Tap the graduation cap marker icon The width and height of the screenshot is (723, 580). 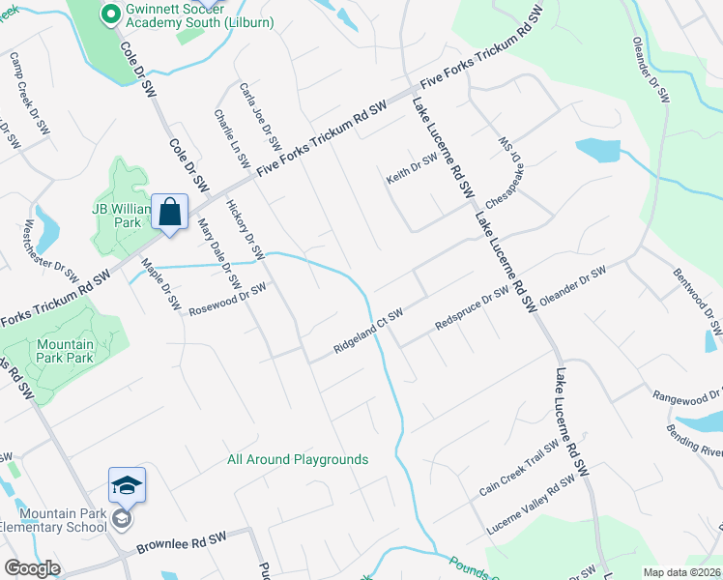point(127,485)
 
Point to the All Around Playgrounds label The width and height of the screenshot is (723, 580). point(298,459)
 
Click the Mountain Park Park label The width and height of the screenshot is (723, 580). point(66,351)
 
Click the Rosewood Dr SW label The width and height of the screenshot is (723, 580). point(226,300)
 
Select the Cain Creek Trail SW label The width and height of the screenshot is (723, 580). point(518,469)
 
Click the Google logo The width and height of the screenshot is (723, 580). point(32,568)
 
